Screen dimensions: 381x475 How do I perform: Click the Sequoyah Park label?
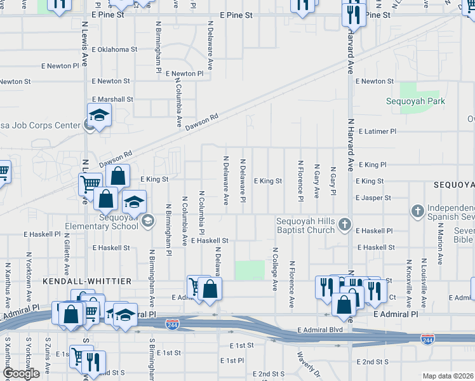(416, 101)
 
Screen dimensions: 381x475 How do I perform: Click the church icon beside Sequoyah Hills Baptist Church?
(344, 224)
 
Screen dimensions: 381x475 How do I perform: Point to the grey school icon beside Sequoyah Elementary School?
(147, 221)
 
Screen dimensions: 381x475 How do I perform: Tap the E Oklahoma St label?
(114, 49)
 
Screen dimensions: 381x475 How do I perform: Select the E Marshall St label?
(112, 99)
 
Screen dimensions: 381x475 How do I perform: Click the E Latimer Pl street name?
(377, 131)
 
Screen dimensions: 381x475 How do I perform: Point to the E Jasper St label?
(373, 198)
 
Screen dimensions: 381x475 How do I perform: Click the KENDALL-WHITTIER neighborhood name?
(86, 281)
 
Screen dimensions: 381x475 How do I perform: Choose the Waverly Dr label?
(307, 363)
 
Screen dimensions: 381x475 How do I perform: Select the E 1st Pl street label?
(232, 360)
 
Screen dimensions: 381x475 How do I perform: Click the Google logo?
(20, 373)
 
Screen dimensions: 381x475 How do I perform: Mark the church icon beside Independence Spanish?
(417, 210)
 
